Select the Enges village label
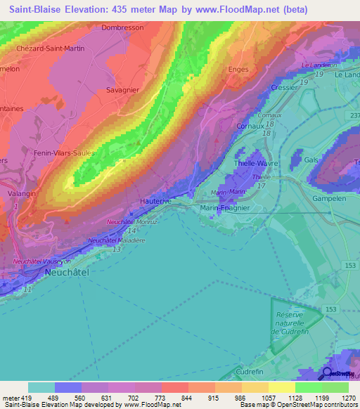tap(240, 69)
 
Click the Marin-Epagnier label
tap(224, 208)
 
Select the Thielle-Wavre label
tap(256, 163)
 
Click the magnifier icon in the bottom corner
tap(327, 375)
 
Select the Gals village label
tap(311, 160)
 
